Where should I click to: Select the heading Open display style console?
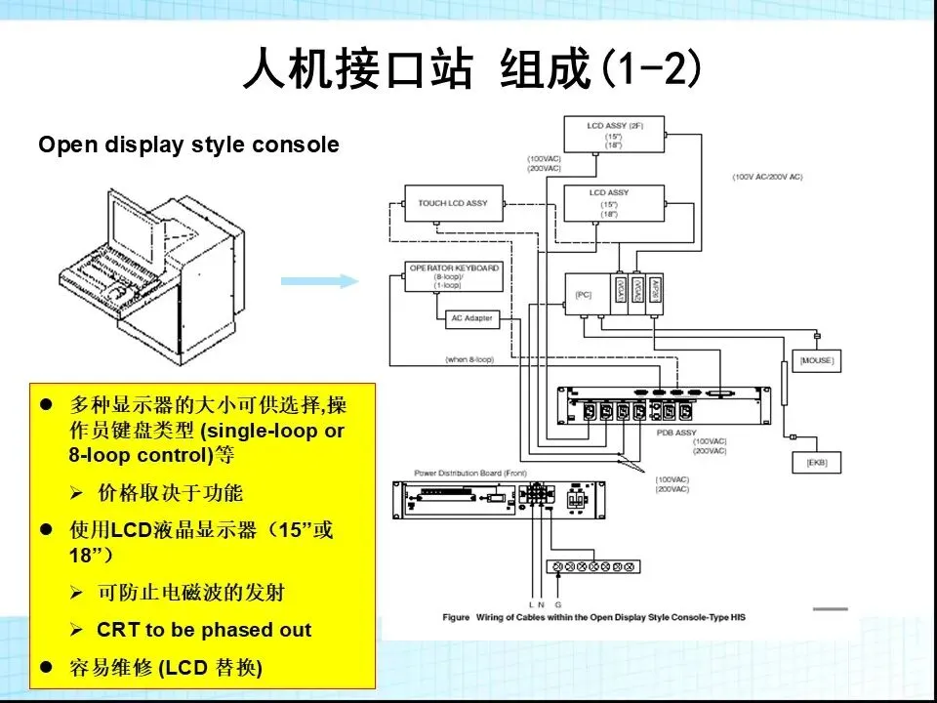(x=188, y=145)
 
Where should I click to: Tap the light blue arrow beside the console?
(x=319, y=281)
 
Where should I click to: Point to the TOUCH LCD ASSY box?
(x=453, y=203)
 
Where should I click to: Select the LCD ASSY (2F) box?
(x=615, y=134)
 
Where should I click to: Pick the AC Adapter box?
(x=471, y=318)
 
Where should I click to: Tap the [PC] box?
(x=584, y=294)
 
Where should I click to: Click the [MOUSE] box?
(x=816, y=361)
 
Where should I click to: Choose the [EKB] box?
(x=816, y=462)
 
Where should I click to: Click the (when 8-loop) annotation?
(x=470, y=360)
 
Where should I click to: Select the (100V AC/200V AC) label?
(x=767, y=177)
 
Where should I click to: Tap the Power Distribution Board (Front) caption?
(x=457, y=474)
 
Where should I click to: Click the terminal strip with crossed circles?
(x=591, y=565)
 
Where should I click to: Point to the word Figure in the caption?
(x=456, y=617)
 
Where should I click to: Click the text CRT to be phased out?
(x=203, y=630)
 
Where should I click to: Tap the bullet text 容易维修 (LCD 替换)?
(x=165, y=669)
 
